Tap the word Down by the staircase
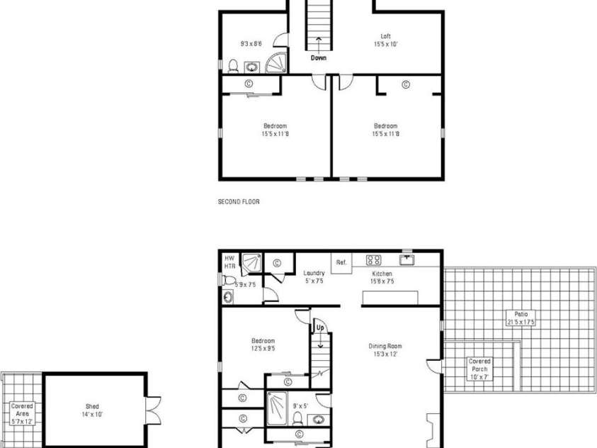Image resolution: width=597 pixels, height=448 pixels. [319, 58]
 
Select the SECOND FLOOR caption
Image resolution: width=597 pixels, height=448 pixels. [239, 202]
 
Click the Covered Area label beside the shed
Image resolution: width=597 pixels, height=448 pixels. [21, 413]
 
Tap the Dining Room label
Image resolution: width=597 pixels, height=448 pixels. [386, 350]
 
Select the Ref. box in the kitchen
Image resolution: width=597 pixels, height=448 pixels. [342, 262]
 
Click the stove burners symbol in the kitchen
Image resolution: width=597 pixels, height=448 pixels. [374, 259]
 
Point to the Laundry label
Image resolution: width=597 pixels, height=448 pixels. [314, 276]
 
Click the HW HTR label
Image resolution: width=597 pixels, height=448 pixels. [229, 262]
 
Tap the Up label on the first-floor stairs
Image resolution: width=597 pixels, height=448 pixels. [320, 328]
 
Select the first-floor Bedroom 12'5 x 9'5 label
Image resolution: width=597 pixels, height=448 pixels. [262, 344]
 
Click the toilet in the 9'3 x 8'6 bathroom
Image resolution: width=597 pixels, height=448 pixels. [233, 66]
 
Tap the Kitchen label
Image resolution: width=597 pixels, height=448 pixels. [382, 276]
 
